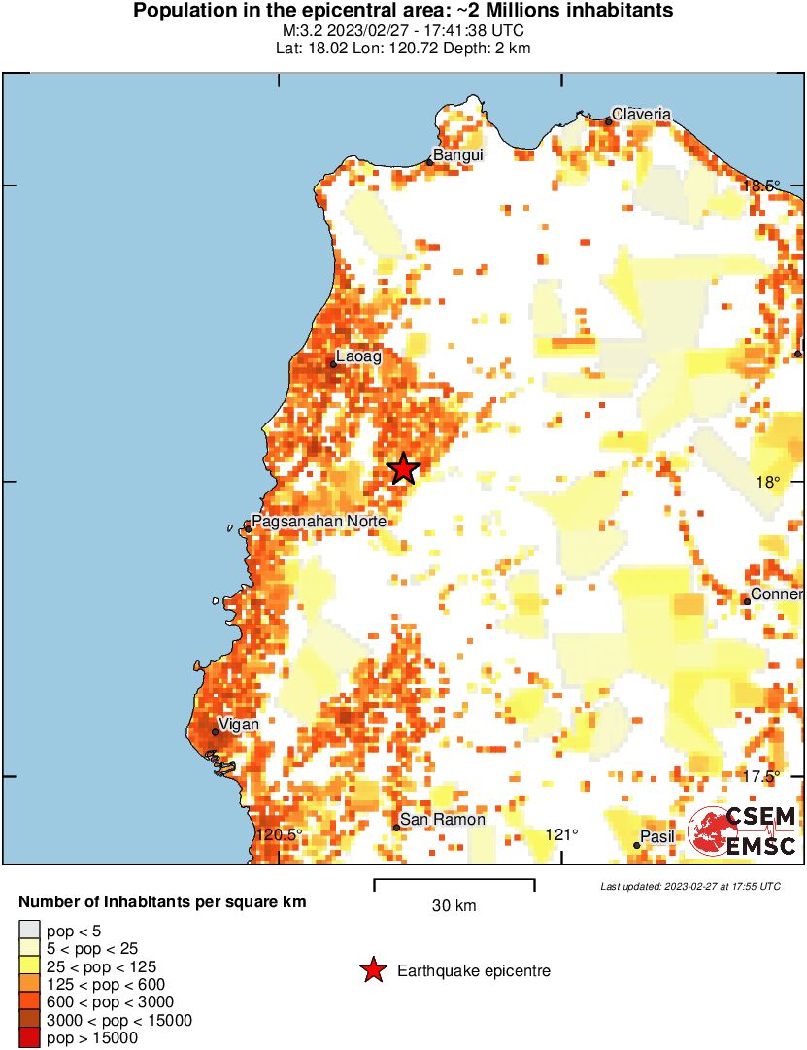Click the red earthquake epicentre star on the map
pos(402,468)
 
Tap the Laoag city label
pos(358,356)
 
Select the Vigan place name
pos(239,724)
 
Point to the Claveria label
pos(641,114)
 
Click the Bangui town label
pos(457,154)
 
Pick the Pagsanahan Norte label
pos(319,522)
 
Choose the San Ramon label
pos(443,820)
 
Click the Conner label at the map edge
pos(777,593)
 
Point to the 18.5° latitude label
pos(761,186)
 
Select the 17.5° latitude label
pos(761,776)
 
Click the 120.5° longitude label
pos(281,834)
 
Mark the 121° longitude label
pos(561,834)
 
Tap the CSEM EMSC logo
pos(743,831)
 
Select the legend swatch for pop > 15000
pos(30,1038)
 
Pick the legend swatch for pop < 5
pos(30,931)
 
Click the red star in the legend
pos(372,970)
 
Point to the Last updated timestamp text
pos(689,886)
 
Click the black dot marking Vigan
pos(216,732)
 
